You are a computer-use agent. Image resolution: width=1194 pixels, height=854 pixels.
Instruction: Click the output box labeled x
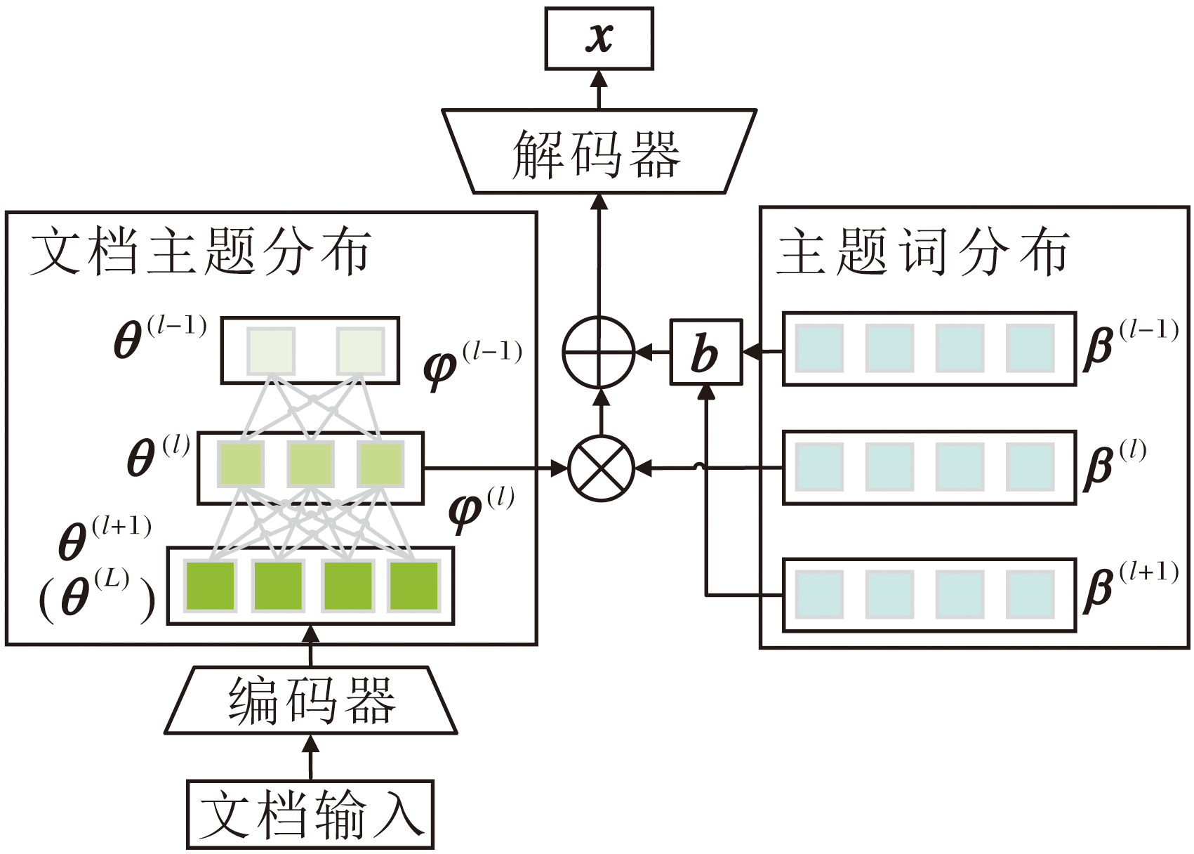point(599,39)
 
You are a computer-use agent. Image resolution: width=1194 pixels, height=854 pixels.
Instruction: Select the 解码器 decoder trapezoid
point(599,152)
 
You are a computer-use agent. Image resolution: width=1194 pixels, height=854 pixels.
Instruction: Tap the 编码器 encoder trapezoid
point(311,700)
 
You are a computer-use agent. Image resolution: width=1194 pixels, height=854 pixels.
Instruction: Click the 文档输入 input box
point(310,815)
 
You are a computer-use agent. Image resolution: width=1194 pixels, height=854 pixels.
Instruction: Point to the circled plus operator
point(599,352)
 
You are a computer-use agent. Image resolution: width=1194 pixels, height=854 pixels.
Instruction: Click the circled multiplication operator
point(601,468)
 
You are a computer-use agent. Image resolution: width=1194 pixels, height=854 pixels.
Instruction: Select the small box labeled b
point(705,353)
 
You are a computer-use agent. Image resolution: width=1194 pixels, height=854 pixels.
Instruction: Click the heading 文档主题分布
point(201,252)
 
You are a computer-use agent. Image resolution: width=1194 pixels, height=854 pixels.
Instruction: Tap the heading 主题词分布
point(924,252)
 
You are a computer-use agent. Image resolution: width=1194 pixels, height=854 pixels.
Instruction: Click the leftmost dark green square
point(210,586)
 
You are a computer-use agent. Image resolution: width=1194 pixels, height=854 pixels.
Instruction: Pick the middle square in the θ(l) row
point(310,464)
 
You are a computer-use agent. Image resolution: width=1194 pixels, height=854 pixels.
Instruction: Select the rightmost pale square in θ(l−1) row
point(360,350)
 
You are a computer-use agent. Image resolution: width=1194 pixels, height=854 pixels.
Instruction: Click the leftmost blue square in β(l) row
point(819,467)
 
